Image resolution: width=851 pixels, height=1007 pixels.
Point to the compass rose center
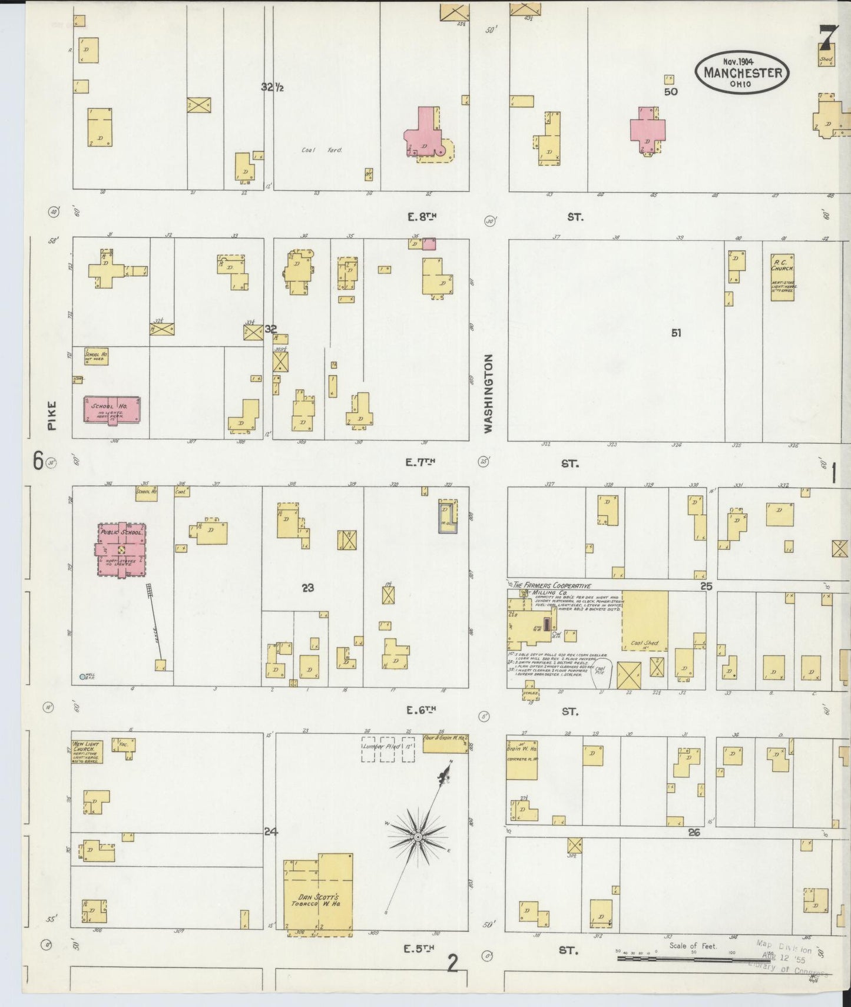pos(417,837)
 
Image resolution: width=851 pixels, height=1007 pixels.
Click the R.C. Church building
pos(782,277)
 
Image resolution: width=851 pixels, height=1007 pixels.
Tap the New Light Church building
pos(87,751)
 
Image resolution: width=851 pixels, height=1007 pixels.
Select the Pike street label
pos(52,416)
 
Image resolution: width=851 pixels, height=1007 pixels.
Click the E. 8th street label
pos(422,217)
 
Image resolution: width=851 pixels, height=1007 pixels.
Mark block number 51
pos(675,333)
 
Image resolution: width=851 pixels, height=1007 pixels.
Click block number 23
pos(307,587)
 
